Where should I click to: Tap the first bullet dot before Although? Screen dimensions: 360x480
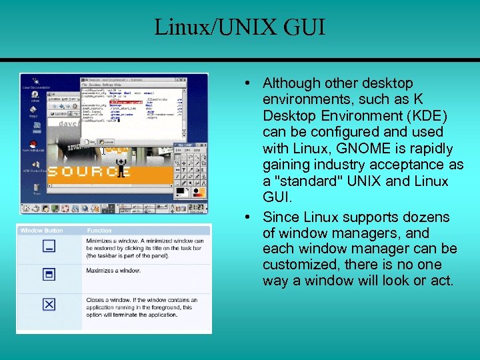pos(247,83)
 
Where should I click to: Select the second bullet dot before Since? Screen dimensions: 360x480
pos(247,217)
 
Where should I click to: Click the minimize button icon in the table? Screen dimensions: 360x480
pos(49,247)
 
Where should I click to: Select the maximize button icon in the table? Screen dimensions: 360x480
pos(49,275)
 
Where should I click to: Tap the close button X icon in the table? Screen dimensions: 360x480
pos(49,304)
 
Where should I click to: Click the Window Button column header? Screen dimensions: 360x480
pos(42,231)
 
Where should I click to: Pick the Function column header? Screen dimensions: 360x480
pos(99,231)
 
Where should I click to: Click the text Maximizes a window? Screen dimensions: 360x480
pos(113,270)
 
